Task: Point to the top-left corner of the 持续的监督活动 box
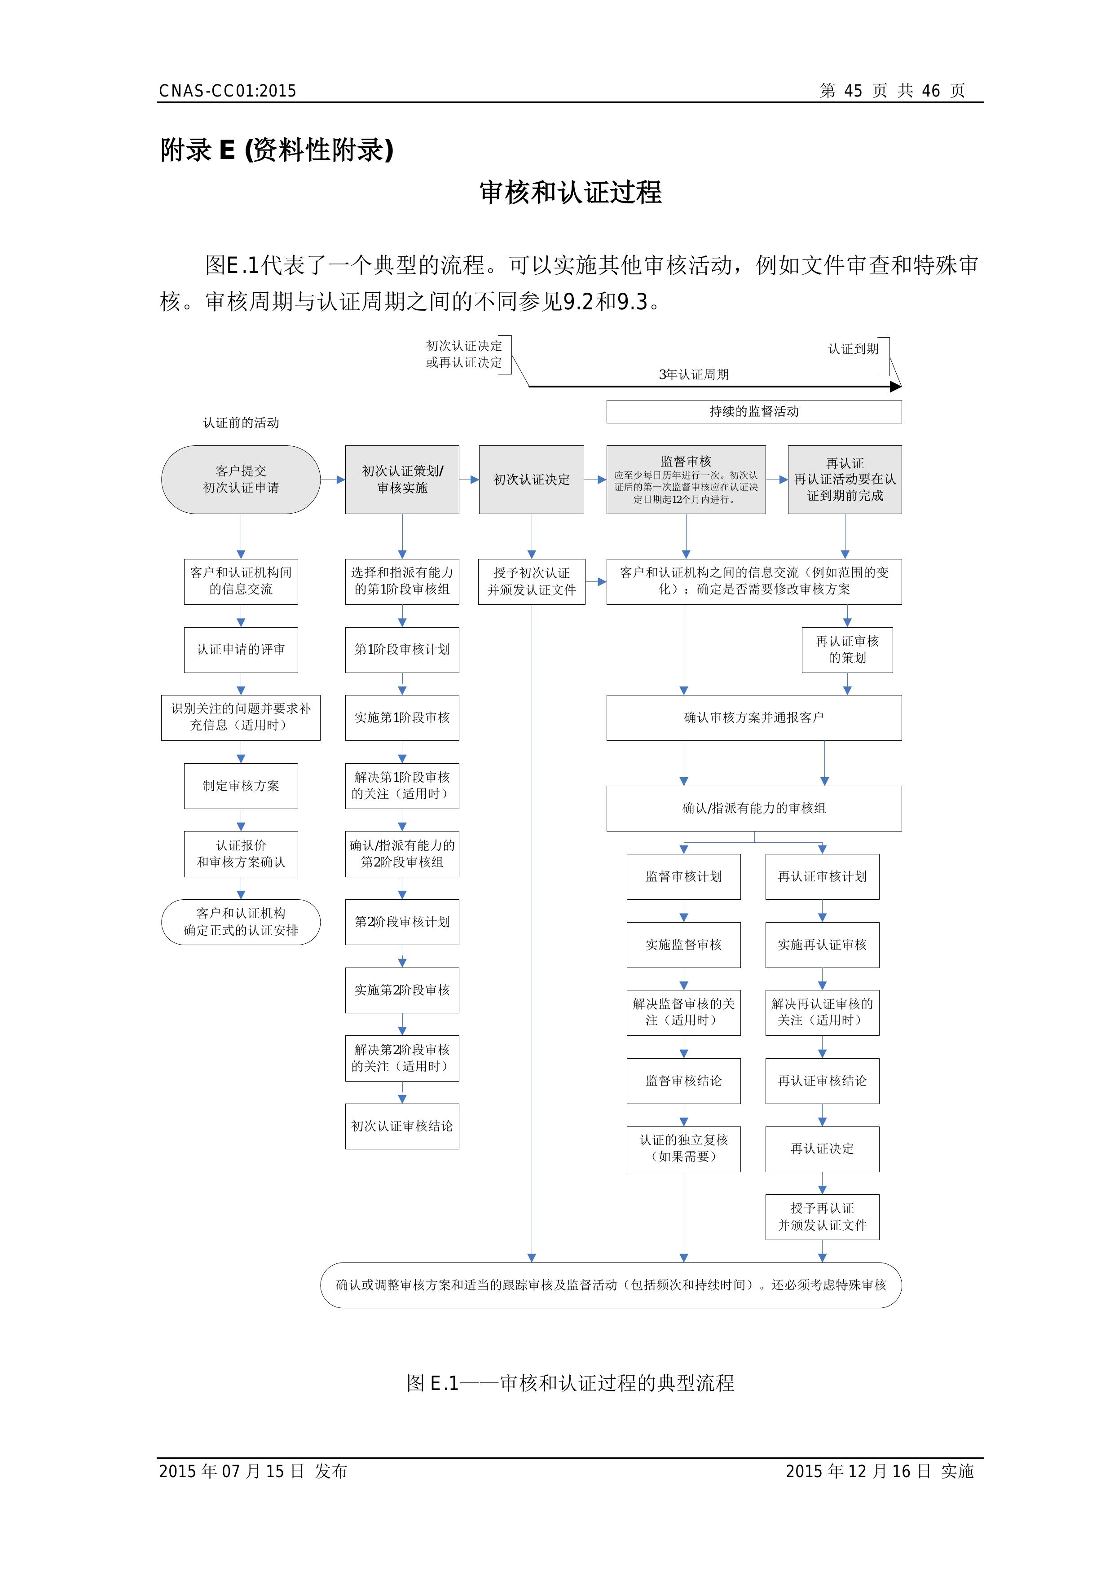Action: click(607, 400)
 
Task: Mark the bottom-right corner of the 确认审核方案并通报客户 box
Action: click(901, 740)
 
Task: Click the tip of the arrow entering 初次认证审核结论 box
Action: click(402, 1104)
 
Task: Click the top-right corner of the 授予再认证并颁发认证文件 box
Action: click(879, 1195)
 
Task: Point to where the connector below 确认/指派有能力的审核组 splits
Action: click(754, 842)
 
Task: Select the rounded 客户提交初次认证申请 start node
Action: click(241, 480)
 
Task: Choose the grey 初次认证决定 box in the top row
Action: click(532, 480)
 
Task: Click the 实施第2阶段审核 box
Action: click(402, 990)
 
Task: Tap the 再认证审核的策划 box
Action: click(847, 650)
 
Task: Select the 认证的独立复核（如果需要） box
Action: click(684, 1149)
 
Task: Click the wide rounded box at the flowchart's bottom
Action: click(611, 1285)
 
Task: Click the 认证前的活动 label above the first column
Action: click(241, 422)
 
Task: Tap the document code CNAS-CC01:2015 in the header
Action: click(228, 91)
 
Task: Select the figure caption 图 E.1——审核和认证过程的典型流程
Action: click(570, 1383)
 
